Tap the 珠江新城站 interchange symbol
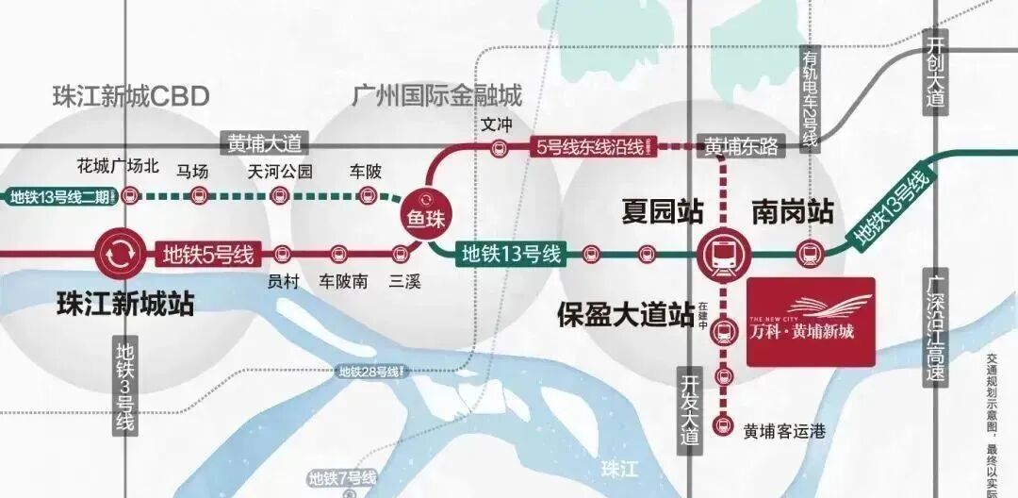tap(120, 253)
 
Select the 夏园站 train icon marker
tap(722, 252)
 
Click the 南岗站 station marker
tap(808, 253)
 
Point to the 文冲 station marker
tap(498, 147)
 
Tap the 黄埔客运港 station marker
tap(723, 424)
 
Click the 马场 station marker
tap(198, 195)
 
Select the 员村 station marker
tap(282, 253)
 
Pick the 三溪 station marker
tap(402, 253)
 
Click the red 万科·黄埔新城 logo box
tap(811, 321)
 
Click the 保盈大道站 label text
tap(625, 312)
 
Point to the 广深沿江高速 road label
tap(934, 329)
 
